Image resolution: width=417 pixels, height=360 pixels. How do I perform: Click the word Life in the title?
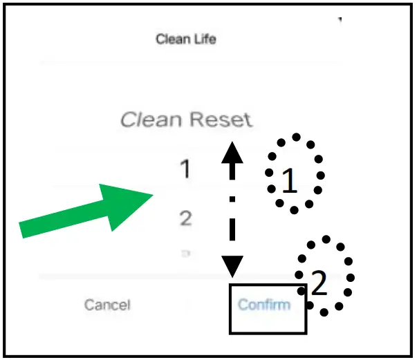(205, 39)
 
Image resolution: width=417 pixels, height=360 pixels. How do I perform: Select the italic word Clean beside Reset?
(151, 120)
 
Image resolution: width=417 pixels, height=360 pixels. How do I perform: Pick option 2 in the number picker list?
(185, 219)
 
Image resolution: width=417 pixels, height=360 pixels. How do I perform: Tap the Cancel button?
(107, 305)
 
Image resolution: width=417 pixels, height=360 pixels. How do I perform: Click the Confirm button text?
(264, 304)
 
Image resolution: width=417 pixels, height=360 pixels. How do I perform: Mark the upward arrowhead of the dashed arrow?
(232, 149)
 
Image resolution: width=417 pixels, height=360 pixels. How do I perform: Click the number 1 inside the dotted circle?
(290, 182)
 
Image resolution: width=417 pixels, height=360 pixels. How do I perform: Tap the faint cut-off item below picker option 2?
(185, 254)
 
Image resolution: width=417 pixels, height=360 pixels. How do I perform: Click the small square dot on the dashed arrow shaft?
(232, 200)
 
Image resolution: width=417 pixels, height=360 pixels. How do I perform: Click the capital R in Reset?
(198, 120)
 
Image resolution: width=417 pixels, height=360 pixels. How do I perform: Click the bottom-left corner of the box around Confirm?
(230, 334)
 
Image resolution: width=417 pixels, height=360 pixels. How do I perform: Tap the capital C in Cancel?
(89, 305)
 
